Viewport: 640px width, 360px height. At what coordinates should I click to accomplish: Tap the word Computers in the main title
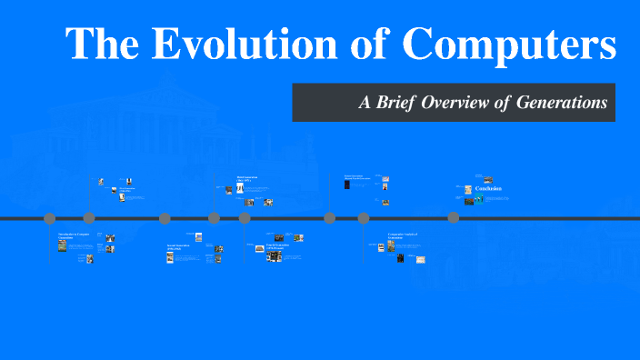[510, 45]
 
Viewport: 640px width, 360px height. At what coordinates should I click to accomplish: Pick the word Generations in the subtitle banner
[561, 103]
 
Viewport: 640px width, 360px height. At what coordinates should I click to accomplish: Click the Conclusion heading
[488, 189]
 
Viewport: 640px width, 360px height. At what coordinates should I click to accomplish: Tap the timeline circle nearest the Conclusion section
[453, 218]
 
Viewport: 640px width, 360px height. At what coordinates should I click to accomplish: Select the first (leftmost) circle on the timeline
[50, 218]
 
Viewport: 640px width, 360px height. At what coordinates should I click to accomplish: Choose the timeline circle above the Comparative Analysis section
[364, 218]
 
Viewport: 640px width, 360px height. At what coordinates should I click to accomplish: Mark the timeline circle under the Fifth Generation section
[330, 218]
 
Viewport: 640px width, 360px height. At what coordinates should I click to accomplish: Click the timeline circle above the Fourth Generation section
[245, 218]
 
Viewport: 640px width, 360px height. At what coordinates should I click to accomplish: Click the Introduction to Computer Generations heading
[74, 236]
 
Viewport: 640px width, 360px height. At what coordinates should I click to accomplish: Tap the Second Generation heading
[178, 246]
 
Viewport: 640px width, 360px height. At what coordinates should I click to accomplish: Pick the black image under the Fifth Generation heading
[346, 185]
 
